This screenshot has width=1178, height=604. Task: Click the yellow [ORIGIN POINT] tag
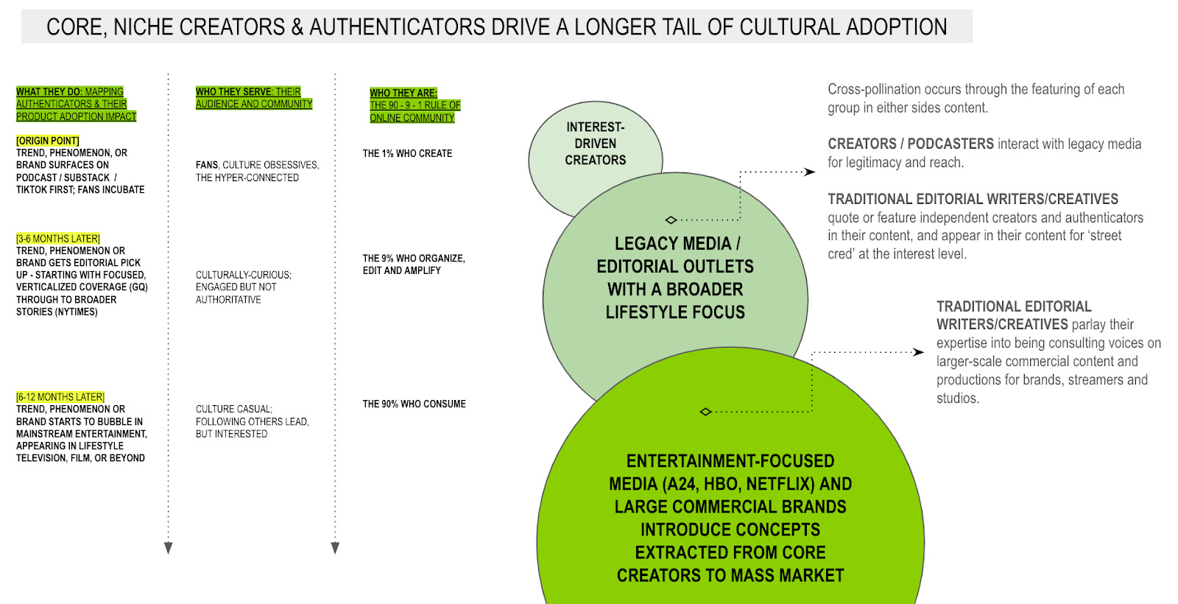[x=47, y=141]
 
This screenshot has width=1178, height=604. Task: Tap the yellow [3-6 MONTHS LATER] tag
[x=58, y=239]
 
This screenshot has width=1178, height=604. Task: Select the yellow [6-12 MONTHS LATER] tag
[x=60, y=397]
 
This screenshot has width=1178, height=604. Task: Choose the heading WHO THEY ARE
[x=403, y=93]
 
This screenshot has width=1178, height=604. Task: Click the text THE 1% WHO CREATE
[x=407, y=154]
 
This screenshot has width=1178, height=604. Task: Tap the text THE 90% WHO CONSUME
[x=414, y=404]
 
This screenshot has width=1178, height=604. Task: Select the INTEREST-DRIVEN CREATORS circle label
[x=596, y=144]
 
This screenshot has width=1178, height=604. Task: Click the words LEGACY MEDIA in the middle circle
[x=677, y=244]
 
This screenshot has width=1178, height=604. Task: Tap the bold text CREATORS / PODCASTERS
[x=911, y=144]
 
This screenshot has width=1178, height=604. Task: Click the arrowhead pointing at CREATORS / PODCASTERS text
[x=810, y=172]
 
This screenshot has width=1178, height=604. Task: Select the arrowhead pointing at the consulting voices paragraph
[x=918, y=352]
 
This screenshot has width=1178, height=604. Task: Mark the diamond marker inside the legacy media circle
[x=671, y=220]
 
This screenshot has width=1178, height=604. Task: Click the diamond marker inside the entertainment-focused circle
[x=706, y=412]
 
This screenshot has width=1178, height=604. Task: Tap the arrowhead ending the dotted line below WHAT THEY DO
[x=169, y=548]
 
